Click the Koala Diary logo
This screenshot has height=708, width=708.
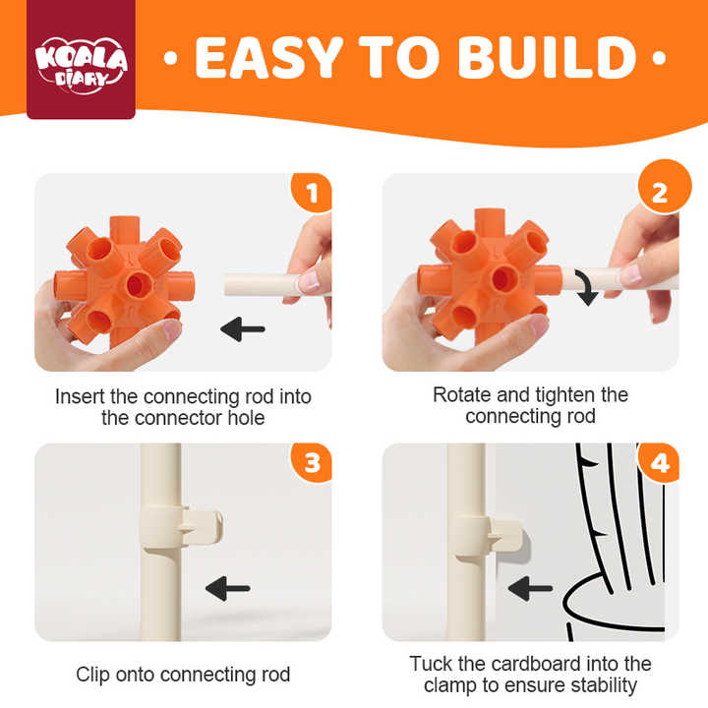pos(82,65)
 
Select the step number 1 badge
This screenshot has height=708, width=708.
pos(312,193)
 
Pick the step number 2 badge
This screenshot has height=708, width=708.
pos(664,187)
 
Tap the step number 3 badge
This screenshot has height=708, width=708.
pos(312,463)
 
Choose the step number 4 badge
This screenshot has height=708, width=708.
pos(659,463)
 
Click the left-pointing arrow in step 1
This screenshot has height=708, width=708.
pos(243,328)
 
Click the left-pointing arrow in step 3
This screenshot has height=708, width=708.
pos(227,588)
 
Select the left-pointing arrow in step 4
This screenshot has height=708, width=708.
pos(530,588)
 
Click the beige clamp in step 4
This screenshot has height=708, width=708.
pos(488,537)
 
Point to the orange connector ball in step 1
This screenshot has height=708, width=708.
pos(124,282)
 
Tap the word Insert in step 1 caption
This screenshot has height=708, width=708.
pos(81,396)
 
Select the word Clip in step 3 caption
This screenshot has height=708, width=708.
pos(92,675)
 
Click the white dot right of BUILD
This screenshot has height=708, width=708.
pos(659,58)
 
